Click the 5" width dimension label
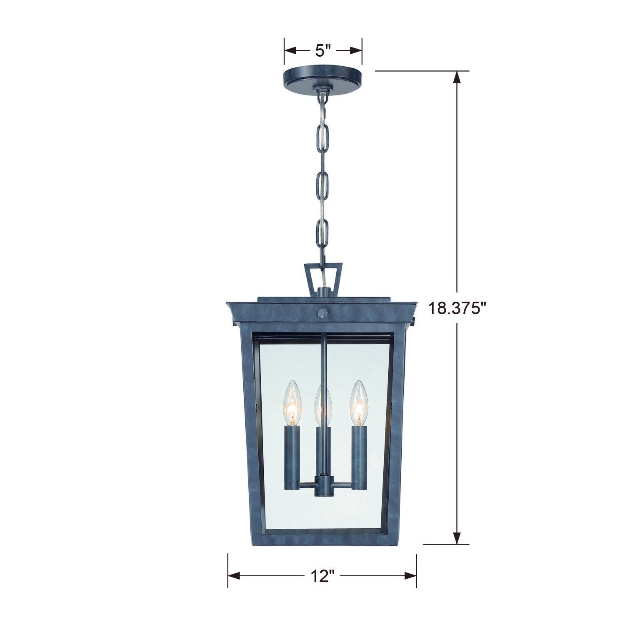(x=323, y=51)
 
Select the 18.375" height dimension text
(x=457, y=309)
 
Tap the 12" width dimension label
(x=322, y=576)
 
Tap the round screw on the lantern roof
(x=322, y=312)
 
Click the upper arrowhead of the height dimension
(x=457, y=77)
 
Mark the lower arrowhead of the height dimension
(x=457, y=538)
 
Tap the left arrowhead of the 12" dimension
(x=233, y=576)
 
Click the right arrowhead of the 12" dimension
(x=411, y=576)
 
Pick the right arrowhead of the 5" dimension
(x=356, y=51)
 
